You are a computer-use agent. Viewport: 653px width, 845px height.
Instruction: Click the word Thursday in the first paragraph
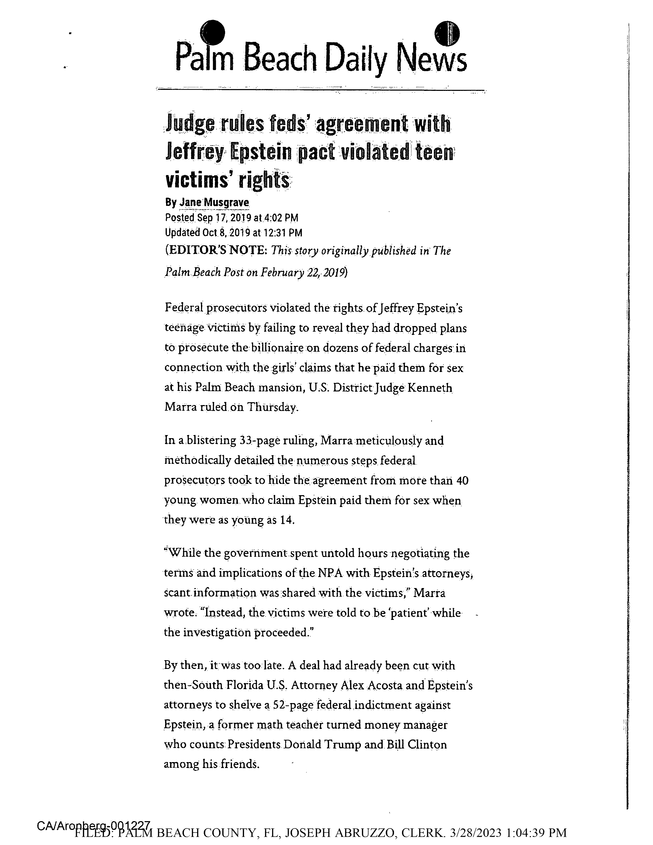coord(272,407)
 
